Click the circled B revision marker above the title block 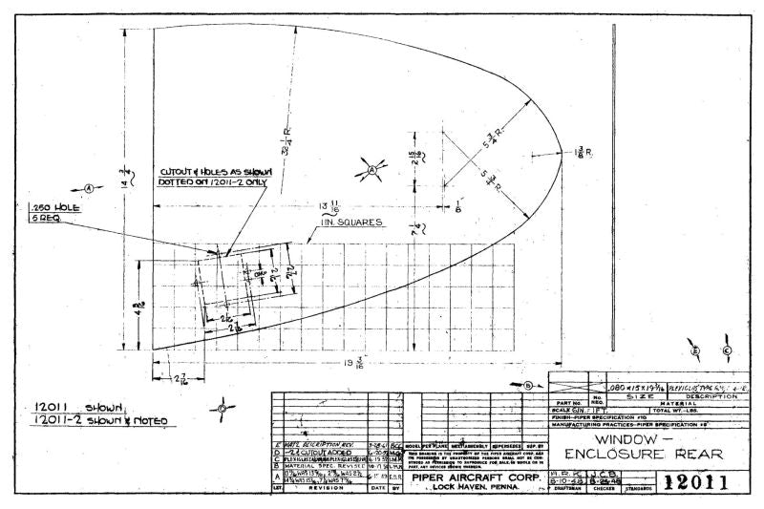click(526, 385)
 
